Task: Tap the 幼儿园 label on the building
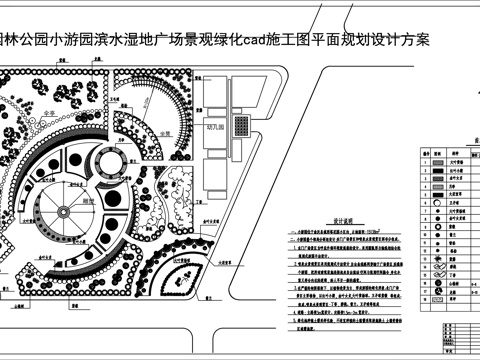point(217,128)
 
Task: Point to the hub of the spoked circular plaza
point(63,210)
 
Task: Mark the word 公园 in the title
point(51,41)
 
